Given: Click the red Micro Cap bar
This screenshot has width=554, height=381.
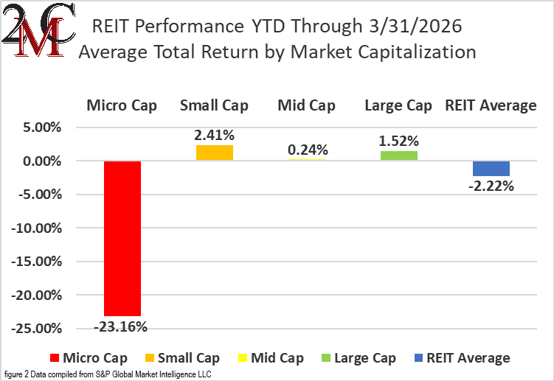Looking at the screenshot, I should pyautogui.click(x=122, y=238).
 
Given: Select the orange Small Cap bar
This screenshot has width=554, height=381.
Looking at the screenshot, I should pyautogui.click(x=214, y=153).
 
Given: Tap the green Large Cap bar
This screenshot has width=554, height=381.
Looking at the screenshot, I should pyautogui.click(x=398, y=155).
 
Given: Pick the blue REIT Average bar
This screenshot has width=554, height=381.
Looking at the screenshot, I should pyautogui.click(x=491, y=168).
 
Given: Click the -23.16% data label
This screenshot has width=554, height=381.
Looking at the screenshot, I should pyautogui.click(x=122, y=326).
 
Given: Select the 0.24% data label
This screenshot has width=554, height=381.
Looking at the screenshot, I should pyautogui.click(x=306, y=150).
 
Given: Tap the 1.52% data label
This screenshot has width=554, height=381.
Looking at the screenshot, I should pyautogui.click(x=398, y=141).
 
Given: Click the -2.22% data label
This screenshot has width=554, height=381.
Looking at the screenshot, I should pyautogui.click(x=491, y=186).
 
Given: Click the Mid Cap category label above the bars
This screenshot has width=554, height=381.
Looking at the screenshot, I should pyautogui.click(x=306, y=105).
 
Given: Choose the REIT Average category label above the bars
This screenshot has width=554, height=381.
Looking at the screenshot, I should pyautogui.click(x=491, y=105).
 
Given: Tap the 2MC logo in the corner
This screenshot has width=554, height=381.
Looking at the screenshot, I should pyautogui.click(x=37, y=37).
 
